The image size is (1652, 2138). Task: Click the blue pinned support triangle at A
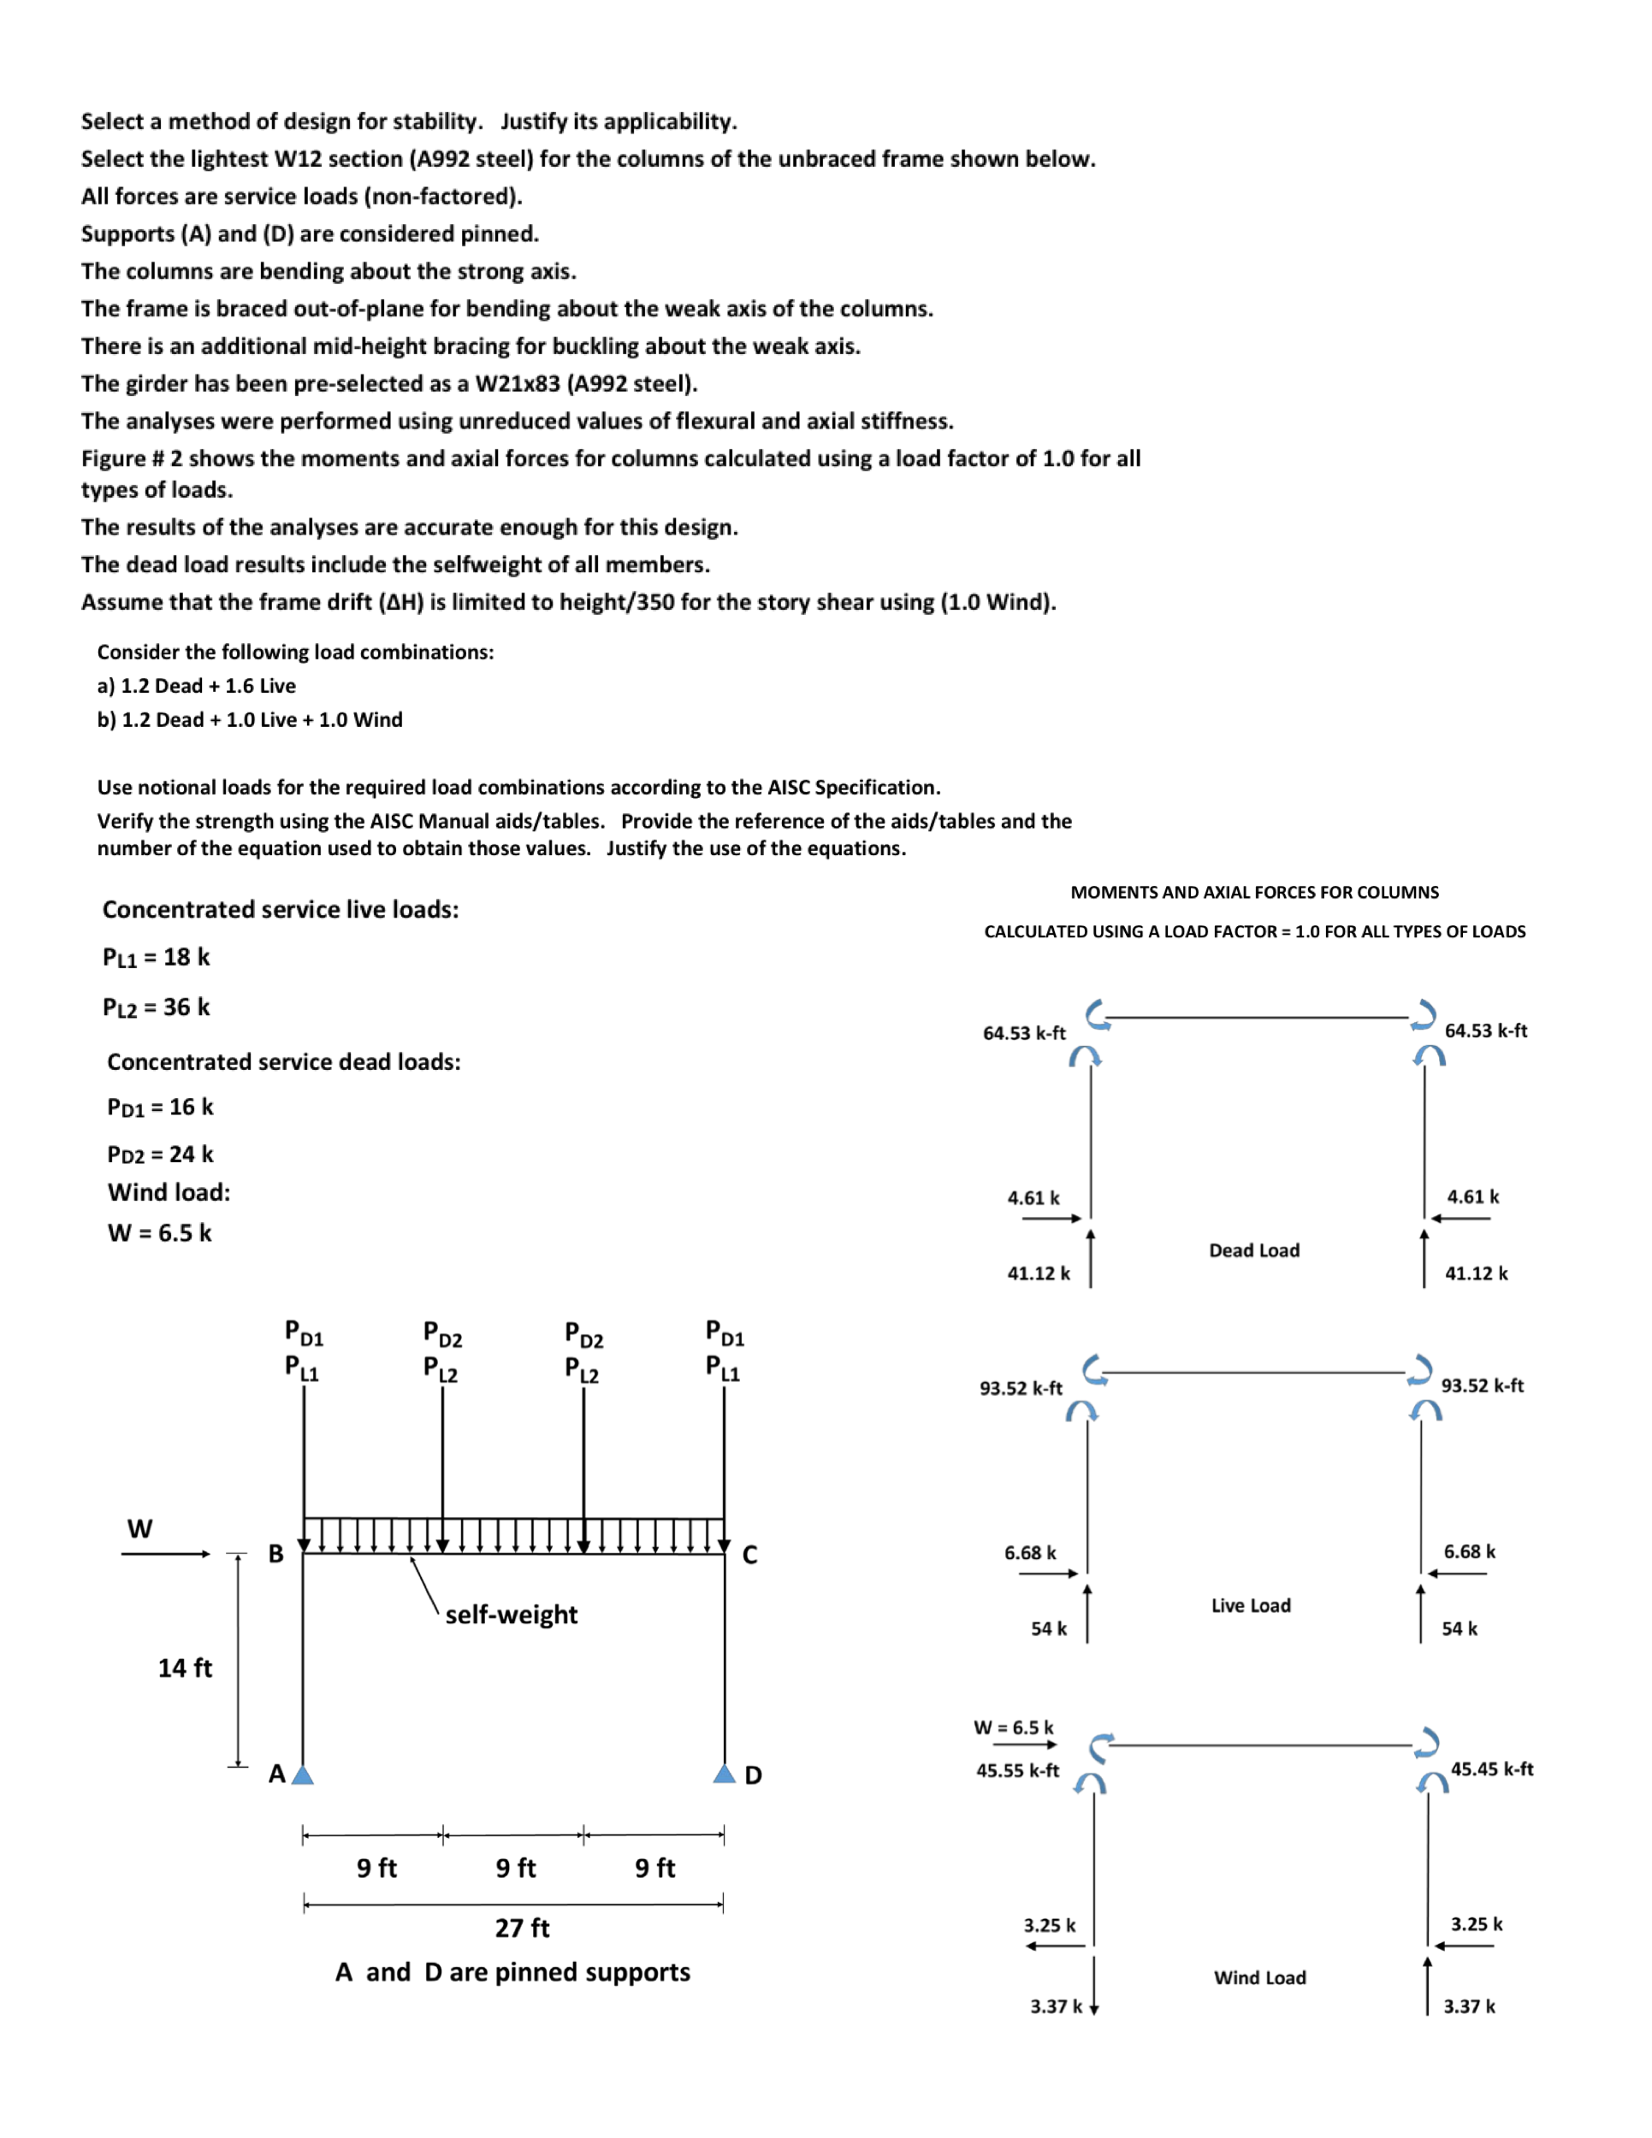click(303, 1774)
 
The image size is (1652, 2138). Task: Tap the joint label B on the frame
click(276, 1555)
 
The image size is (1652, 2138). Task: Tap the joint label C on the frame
click(750, 1556)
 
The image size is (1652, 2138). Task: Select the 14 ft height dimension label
click(185, 1668)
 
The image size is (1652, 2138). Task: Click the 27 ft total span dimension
click(522, 1928)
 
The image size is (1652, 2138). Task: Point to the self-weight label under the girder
click(511, 1615)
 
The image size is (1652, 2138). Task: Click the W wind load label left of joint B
click(140, 1529)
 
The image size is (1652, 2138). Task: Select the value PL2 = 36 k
click(157, 1007)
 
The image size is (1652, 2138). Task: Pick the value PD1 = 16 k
click(161, 1107)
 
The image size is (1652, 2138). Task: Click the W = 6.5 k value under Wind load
click(160, 1232)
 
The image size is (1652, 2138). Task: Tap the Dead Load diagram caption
click(1253, 1250)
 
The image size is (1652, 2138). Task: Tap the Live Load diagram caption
click(1251, 1605)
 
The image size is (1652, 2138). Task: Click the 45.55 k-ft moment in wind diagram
click(1017, 1770)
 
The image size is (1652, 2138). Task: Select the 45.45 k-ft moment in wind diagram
click(1491, 1768)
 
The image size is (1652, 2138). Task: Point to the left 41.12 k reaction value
click(1038, 1273)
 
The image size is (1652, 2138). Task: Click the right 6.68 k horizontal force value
click(1469, 1551)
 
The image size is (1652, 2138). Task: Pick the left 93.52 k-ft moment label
click(1021, 1388)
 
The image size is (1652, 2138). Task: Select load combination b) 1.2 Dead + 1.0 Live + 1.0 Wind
click(250, 719)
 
